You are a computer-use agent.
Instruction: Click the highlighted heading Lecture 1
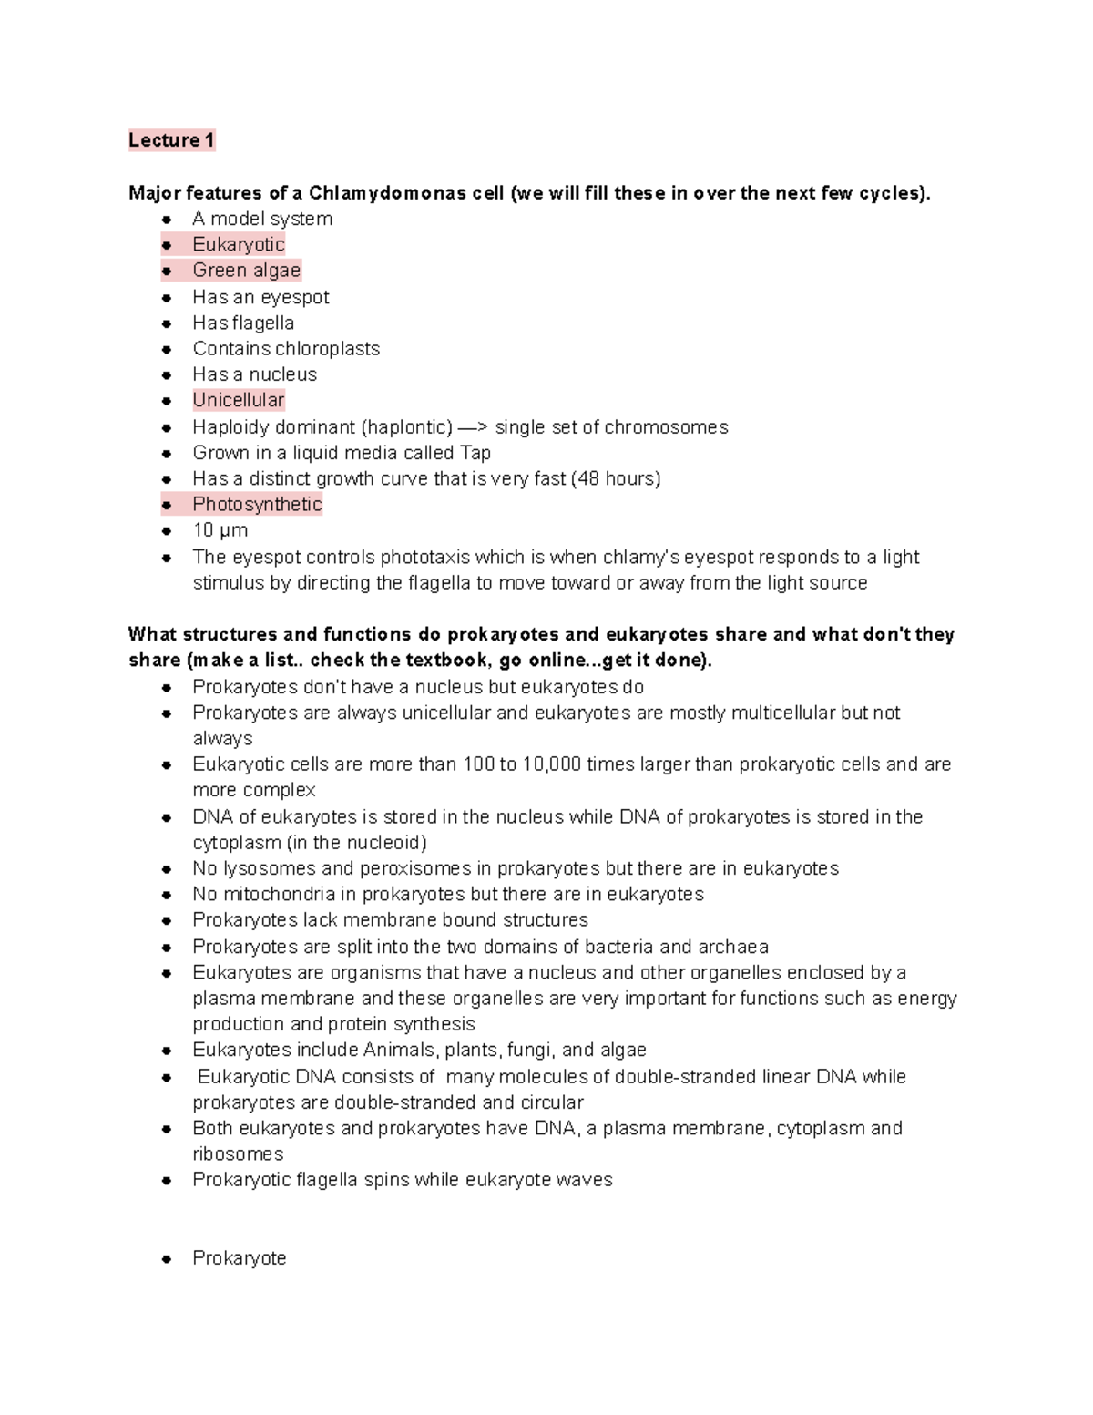[171, 140]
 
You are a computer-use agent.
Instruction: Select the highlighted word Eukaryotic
[239, 244]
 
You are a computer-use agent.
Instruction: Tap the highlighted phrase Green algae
[246, 271]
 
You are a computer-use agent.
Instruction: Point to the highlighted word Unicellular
[239, 400]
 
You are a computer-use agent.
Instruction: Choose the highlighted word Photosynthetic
[257, 504]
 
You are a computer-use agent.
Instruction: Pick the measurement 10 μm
[220, 530]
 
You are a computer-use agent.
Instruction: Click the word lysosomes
[270, 868]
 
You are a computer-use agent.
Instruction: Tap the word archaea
[733, 947]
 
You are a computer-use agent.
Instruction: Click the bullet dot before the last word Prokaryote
[167, 1259]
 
